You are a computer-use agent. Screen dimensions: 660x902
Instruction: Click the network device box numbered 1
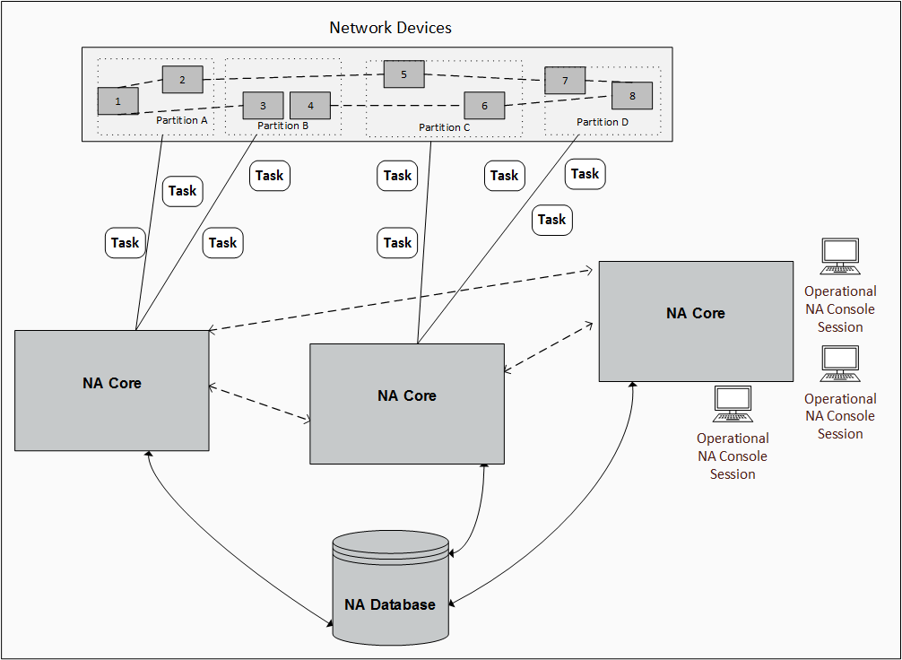point(117,101)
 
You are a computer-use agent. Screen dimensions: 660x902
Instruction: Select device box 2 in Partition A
point(182,80)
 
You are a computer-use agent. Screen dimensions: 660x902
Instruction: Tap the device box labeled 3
point(263,106)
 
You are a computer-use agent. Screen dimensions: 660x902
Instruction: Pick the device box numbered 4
point(310,106)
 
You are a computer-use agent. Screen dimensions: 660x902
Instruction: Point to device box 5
point(403,74)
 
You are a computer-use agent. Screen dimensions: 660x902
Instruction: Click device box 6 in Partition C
point(484,106)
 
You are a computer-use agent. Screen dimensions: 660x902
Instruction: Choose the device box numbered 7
point(565,81)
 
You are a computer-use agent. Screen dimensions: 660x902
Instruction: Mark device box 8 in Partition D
point(632,95)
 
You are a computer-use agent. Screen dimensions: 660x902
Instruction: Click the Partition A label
point(182,119)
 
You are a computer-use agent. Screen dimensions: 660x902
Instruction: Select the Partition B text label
point(282,126)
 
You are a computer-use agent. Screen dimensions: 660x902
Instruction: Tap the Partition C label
point(445,127)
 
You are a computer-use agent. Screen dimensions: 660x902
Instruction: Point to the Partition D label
point(603,122)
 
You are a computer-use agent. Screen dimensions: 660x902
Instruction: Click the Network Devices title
point(390,28)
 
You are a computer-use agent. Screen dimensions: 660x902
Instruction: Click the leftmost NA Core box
point(112,390)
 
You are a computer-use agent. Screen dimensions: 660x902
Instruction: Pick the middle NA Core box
point(407,404)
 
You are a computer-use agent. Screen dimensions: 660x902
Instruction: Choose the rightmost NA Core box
point(696,321)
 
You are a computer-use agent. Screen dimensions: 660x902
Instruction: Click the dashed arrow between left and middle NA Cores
point(259,403)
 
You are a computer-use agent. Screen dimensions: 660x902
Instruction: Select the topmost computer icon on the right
point(840,256)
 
